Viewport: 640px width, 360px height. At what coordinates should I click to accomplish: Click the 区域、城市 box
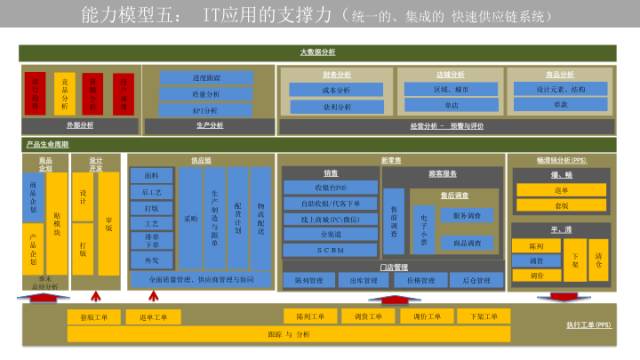(452, 90)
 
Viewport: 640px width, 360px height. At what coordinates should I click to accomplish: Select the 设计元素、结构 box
(559, 90)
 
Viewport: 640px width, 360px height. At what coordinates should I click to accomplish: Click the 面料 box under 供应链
(151, 175)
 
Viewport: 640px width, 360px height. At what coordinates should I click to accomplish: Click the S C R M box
(330, 250)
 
